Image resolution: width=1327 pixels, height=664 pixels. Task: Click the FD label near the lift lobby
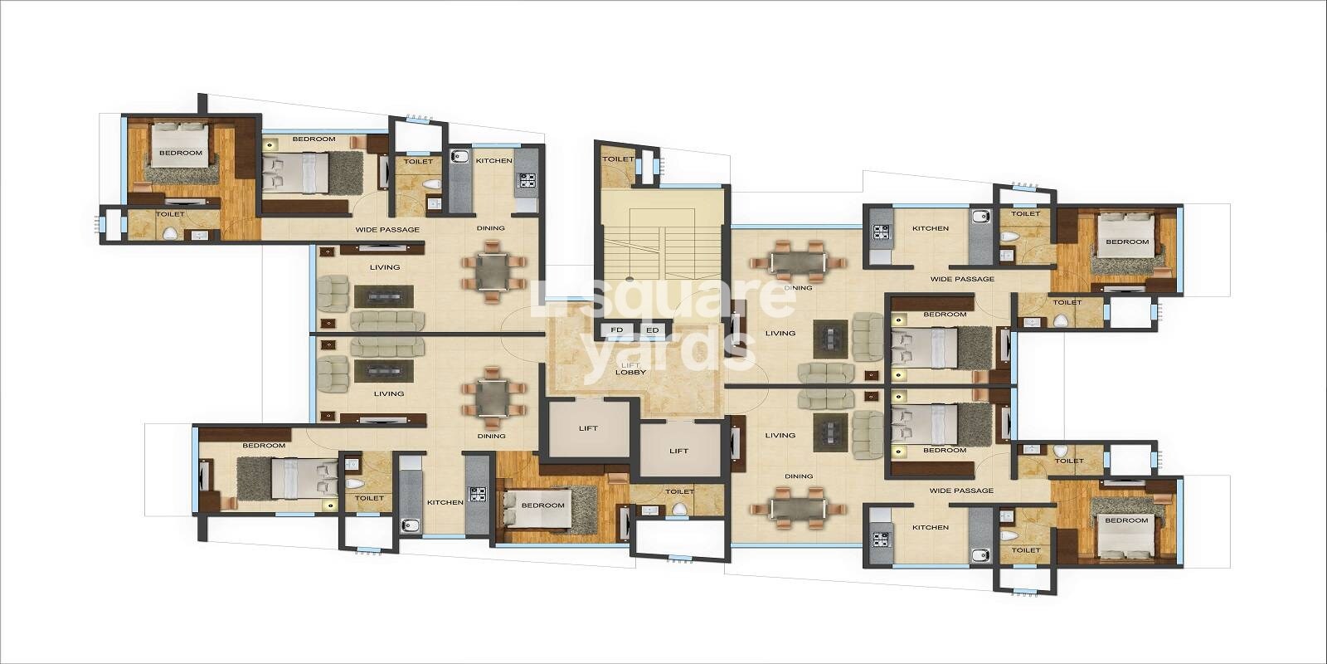[616, 330]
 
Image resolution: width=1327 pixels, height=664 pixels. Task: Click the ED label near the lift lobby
[653, 330]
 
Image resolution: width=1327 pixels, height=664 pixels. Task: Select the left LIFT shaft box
[588, 428]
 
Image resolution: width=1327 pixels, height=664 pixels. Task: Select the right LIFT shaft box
[679, 451]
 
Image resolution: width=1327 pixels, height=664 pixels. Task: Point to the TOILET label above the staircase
[617, 159]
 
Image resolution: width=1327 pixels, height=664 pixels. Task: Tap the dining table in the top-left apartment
[493, 271]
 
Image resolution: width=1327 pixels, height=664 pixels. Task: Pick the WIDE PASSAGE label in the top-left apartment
[387, 229]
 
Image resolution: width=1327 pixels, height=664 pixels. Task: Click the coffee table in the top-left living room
[384, 295]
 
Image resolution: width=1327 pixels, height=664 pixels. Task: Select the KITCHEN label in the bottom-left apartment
[445, 502]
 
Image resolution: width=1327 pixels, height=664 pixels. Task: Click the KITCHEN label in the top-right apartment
[931, 228]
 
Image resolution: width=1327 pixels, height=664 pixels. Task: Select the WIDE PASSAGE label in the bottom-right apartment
[961, 491]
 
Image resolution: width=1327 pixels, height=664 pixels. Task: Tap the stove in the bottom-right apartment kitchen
[880, 540]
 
